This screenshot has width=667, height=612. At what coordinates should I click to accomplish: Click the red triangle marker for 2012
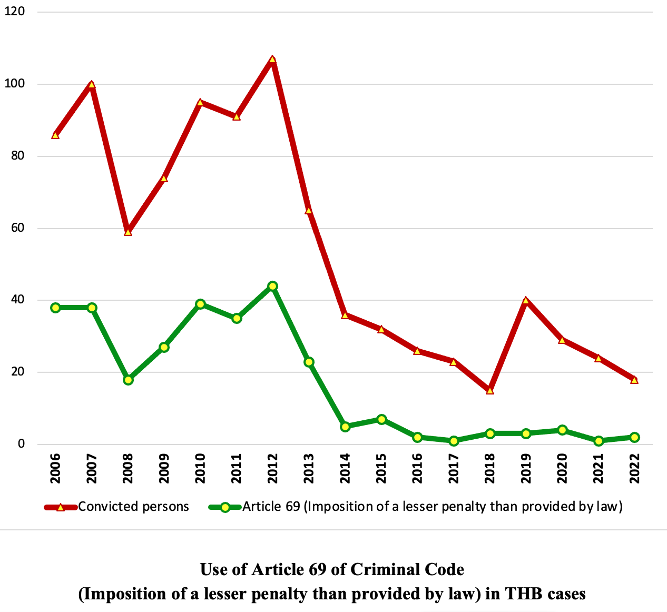[x=272, y=60]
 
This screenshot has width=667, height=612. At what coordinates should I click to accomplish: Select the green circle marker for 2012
[x=272, y=286]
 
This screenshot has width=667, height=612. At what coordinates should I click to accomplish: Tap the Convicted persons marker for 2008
[x=128, y=232]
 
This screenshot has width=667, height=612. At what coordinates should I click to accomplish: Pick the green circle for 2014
[x=345, y=427]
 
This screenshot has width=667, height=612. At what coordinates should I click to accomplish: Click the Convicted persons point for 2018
[x=490, y=391]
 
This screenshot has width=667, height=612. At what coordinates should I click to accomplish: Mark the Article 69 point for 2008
[x=128, y=380]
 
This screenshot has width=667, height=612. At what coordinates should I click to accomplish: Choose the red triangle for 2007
[x=92, y=85]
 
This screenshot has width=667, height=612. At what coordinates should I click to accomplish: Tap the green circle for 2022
[x=634, y=437]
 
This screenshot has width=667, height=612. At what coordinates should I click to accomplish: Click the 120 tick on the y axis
[x=15, y=12]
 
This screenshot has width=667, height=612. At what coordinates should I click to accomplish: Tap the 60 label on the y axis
[x=17, y=229]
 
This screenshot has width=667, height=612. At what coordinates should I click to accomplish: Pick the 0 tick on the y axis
[x=21, y=445]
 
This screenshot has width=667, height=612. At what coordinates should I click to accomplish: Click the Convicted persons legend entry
[x=133, y=507]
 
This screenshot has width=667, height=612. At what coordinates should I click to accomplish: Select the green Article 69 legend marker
[x=225, y=507]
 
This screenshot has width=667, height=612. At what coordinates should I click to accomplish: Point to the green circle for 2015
[x=381, y=419]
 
